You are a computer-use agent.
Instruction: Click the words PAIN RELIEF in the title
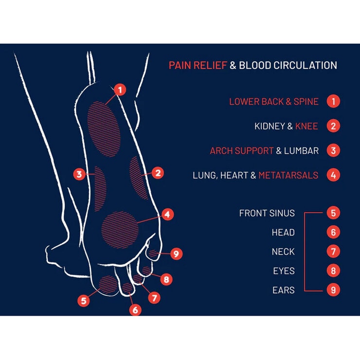click(198, 65)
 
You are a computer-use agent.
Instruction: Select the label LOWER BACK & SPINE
click(274, 102)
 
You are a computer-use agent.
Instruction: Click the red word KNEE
click(306, 126)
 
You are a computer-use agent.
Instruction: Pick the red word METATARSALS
click(288, 175)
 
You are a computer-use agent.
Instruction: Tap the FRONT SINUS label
click(267, 213)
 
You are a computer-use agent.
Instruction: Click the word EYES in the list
click(284, 271)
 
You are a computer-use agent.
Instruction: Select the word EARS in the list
click(284, 290)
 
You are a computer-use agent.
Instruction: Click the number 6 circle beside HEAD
click(333, 232)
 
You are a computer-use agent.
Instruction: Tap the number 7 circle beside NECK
click(333, 252)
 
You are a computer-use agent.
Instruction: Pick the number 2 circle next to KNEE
click(333, 126)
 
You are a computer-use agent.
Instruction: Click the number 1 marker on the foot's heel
click(120, 90)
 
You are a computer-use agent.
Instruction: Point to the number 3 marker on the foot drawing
click(79, 173)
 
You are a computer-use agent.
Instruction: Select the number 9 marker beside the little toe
click(176, 253)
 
